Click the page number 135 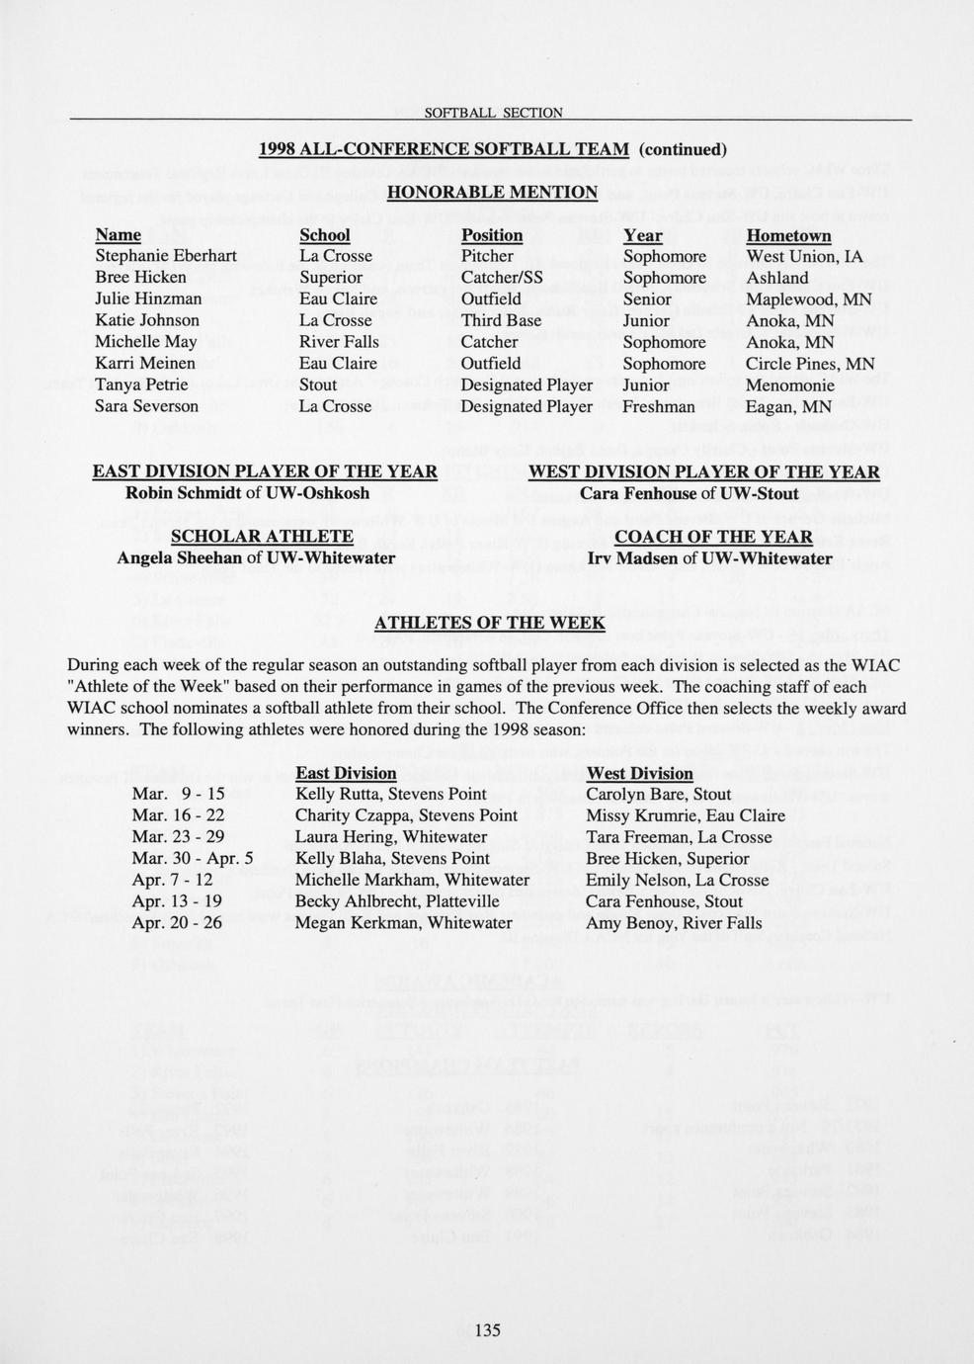487,1329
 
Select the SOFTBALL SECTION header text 493,113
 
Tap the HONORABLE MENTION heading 492,192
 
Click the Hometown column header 788,235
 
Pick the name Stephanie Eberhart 166,256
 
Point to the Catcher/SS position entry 502,278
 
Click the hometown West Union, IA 804,256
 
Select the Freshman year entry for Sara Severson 659,406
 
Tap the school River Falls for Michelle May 339,342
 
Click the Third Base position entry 501,320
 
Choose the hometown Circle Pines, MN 810,363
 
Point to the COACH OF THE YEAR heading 713,537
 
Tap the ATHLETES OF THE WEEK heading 490,623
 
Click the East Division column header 346,773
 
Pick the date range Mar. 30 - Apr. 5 193,858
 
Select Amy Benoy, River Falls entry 674,923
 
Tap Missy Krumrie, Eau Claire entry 686,815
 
